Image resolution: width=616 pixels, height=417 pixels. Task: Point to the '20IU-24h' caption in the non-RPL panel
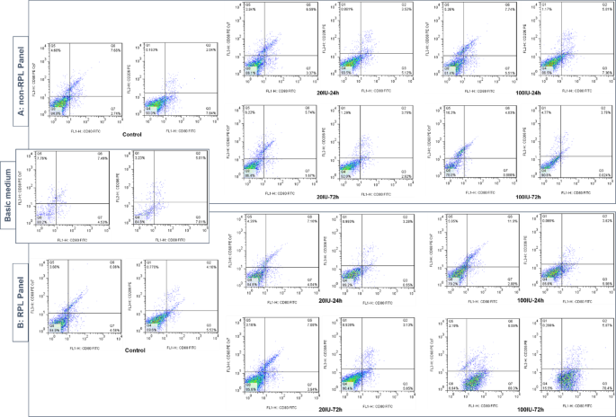point(317,91)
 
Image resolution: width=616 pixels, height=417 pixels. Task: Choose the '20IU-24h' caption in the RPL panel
point(317,299)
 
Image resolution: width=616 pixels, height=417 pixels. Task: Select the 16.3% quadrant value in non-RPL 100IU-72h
point(451,113)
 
